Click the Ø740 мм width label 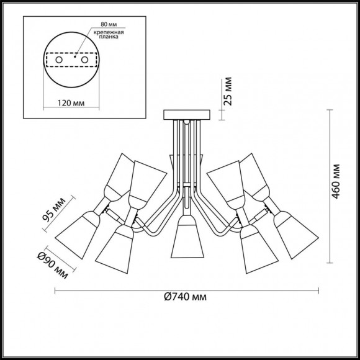[x=185, y=297]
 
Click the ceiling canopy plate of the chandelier [x=186, y=115]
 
